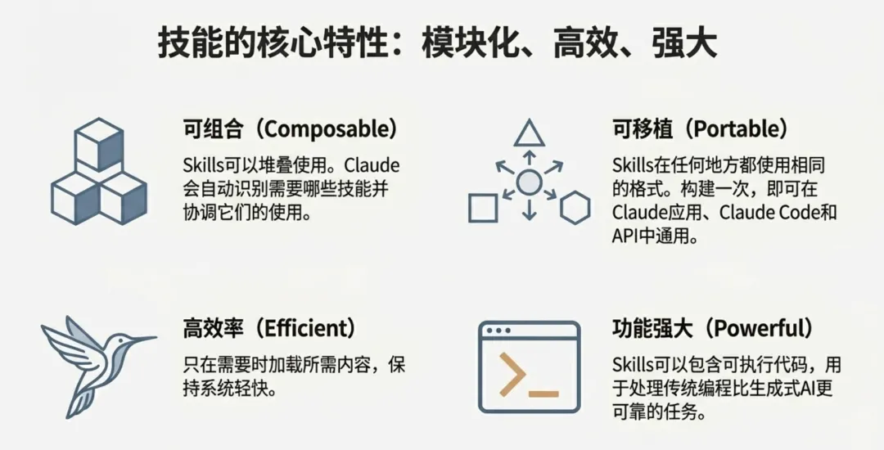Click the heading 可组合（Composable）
290,128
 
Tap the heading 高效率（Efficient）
270,330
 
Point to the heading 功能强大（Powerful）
713,330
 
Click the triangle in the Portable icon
529,133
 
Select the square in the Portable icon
483,209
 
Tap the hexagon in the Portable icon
575,209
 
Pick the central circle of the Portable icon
529,182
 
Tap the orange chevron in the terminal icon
512,376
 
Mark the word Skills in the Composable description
202,164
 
